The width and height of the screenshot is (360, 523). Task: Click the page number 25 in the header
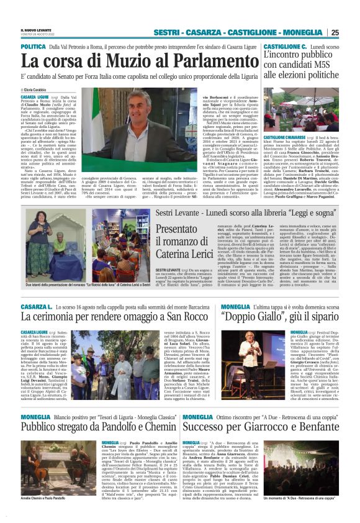point(352,32)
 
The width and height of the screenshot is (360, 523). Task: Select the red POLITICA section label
point(33,47)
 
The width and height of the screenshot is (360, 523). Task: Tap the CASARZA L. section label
point(35,307)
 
